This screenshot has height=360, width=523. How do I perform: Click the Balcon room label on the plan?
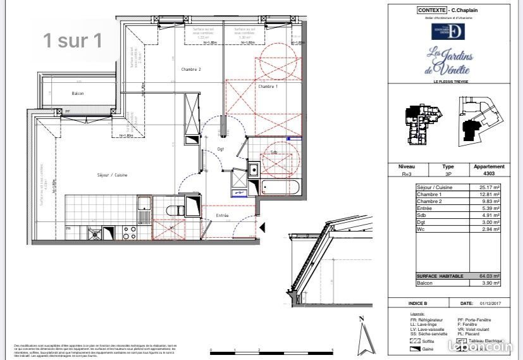(x=77, y=94)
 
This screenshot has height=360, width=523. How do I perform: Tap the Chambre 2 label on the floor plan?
(x=191, y=69)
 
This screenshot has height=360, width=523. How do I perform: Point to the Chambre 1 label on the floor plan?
(x=267, y=86)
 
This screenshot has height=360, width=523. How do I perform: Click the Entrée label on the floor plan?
(x=222, y=216)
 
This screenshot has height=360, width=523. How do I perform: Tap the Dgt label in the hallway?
(x=221, y=149)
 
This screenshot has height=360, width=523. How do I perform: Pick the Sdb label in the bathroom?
(x=273, y=152)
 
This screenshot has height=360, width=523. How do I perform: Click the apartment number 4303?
(x=489, y=173)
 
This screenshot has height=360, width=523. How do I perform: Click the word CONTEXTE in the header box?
(x=431, y=10)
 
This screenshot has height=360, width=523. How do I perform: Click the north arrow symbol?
(x=362, y=335)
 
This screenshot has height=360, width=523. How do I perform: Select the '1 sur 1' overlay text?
(x=72, y=41)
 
